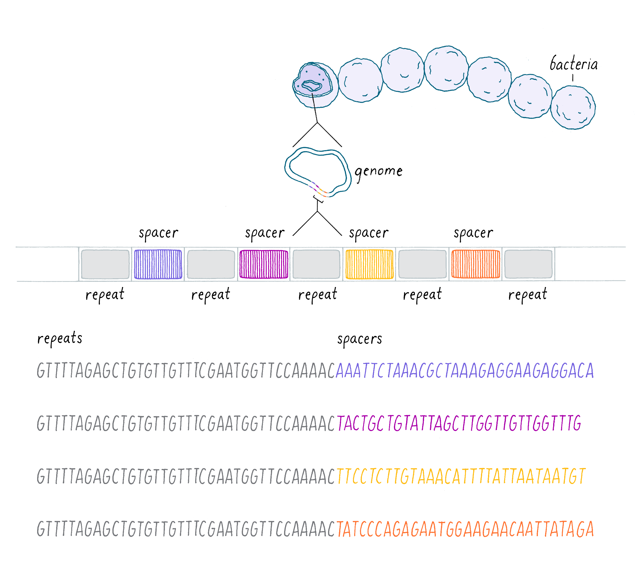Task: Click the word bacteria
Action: coord(573,64)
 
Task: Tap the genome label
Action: coord(378,171)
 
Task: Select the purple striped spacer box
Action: coord(158,264)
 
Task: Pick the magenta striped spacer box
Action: coord(264,264)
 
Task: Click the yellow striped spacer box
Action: coord(369,264)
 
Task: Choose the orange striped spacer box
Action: coord(475,264)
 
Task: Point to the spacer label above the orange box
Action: coord(473,233)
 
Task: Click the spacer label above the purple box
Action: coord(159,233)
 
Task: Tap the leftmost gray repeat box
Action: coord(105,264)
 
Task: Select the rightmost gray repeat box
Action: coord(528,264)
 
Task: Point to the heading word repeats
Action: coord(60,338)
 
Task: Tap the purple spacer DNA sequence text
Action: coord(464,371)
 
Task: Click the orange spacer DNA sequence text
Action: coord(465,529)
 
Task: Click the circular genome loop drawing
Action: coord(317,172)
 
